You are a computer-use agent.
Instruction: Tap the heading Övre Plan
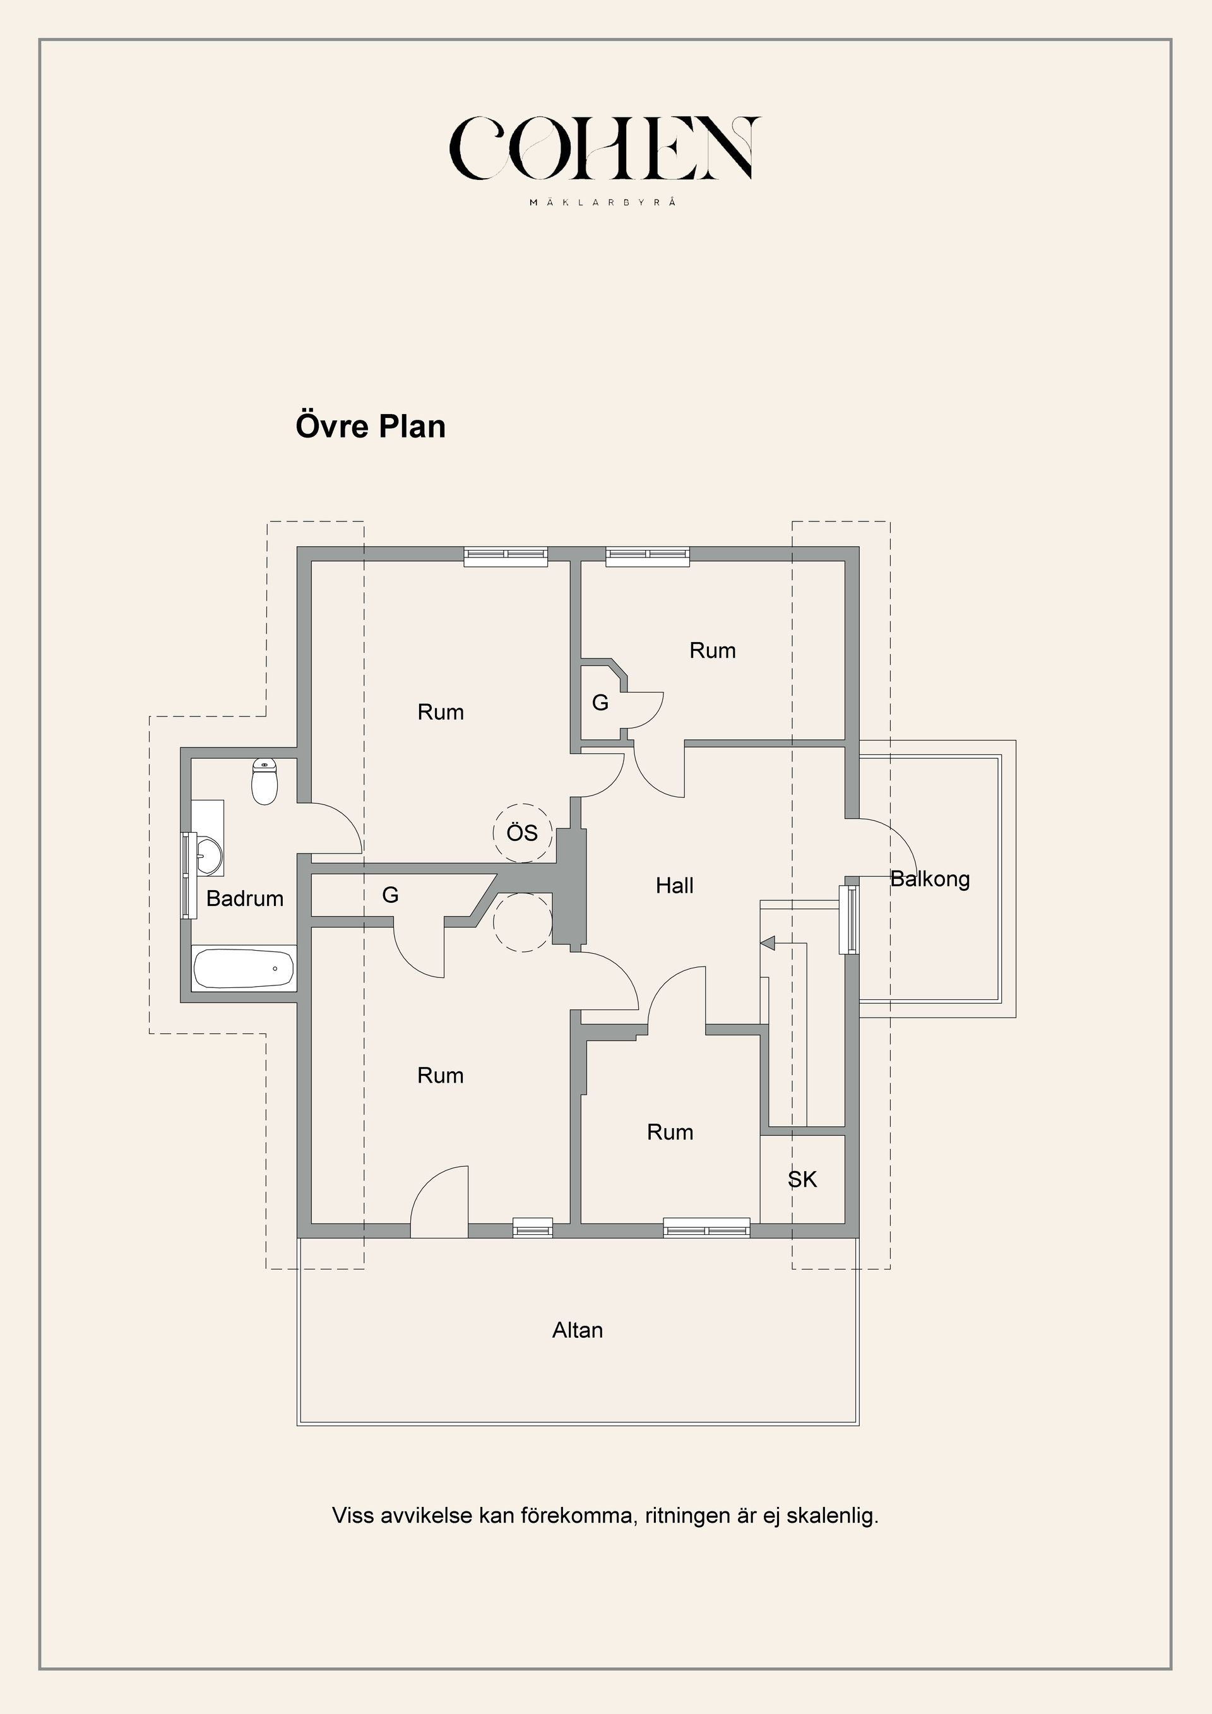coord(371,426)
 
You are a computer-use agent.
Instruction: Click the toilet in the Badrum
coord(264,781)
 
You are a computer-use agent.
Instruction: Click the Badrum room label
coord(245,899)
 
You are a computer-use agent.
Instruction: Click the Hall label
coord(675,885)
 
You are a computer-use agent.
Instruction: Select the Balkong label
coord(930,879)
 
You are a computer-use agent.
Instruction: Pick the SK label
coord(802,1179)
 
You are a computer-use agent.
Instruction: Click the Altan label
coord(578,1330)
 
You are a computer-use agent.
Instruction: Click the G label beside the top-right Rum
coord(600,703)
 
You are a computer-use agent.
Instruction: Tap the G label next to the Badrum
coord(390,895)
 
